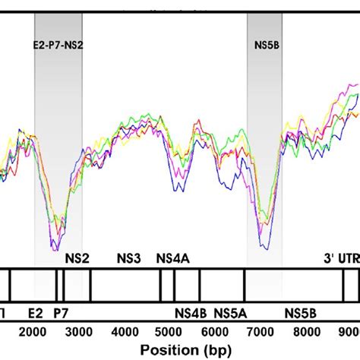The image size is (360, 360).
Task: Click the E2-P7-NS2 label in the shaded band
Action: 58,46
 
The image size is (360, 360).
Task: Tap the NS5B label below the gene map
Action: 302,312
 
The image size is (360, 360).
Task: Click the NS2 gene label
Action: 78,258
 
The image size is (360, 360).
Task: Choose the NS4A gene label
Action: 172,258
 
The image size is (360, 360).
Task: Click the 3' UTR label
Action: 341,258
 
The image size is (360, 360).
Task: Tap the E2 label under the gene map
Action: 35,312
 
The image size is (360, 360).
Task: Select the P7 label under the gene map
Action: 59,312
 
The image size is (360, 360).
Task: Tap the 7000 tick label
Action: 264,331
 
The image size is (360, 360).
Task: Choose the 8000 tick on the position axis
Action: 309,331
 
